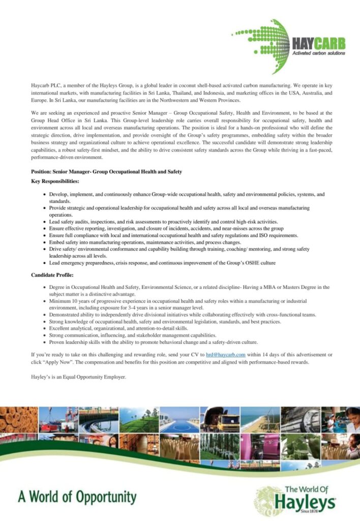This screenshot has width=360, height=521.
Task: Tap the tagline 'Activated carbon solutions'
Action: (x=318, y=53)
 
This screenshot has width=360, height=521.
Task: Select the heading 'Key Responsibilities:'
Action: (x=55, y=181)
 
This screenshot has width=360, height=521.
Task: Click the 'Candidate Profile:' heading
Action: (x=51, y=275)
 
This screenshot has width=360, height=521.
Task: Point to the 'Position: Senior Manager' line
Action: (x=106, y=172)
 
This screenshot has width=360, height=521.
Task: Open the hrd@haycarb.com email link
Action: (x=226, y=354)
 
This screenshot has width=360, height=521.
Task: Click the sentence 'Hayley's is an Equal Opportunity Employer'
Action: (x=78, y=377)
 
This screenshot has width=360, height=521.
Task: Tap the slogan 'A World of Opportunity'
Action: (x=77, y=497)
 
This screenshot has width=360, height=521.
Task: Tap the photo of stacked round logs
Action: (x=19, y=419)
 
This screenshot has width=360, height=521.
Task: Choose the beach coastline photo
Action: (x=259, y=420)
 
